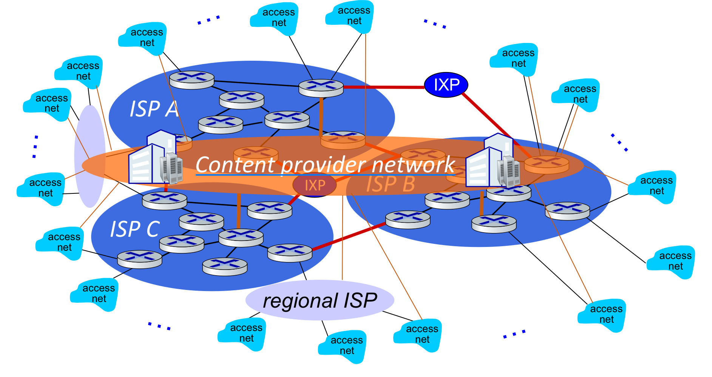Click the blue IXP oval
(446, 85)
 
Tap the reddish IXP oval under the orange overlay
(314, 185)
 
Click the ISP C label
(134, 229)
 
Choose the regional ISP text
(320, 300)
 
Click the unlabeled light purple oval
(90, 156)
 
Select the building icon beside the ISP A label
(151, 158)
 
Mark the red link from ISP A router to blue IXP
(383, 87)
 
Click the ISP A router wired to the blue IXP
(321, 88)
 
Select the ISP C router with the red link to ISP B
(290, 253)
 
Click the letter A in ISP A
(172, 109)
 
